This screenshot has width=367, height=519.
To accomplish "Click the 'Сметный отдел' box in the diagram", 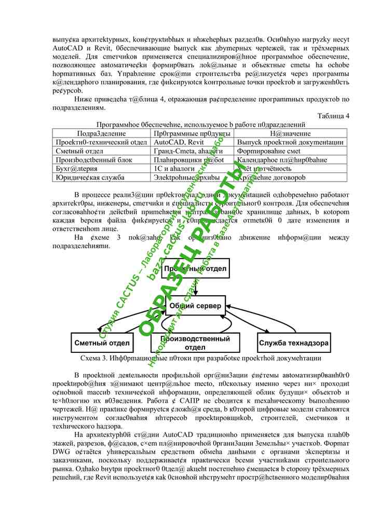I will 102,343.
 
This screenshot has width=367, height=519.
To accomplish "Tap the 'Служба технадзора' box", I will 294,343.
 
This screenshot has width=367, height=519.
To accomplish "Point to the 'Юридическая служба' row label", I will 83,177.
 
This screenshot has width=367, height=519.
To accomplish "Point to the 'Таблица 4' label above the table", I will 333,116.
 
